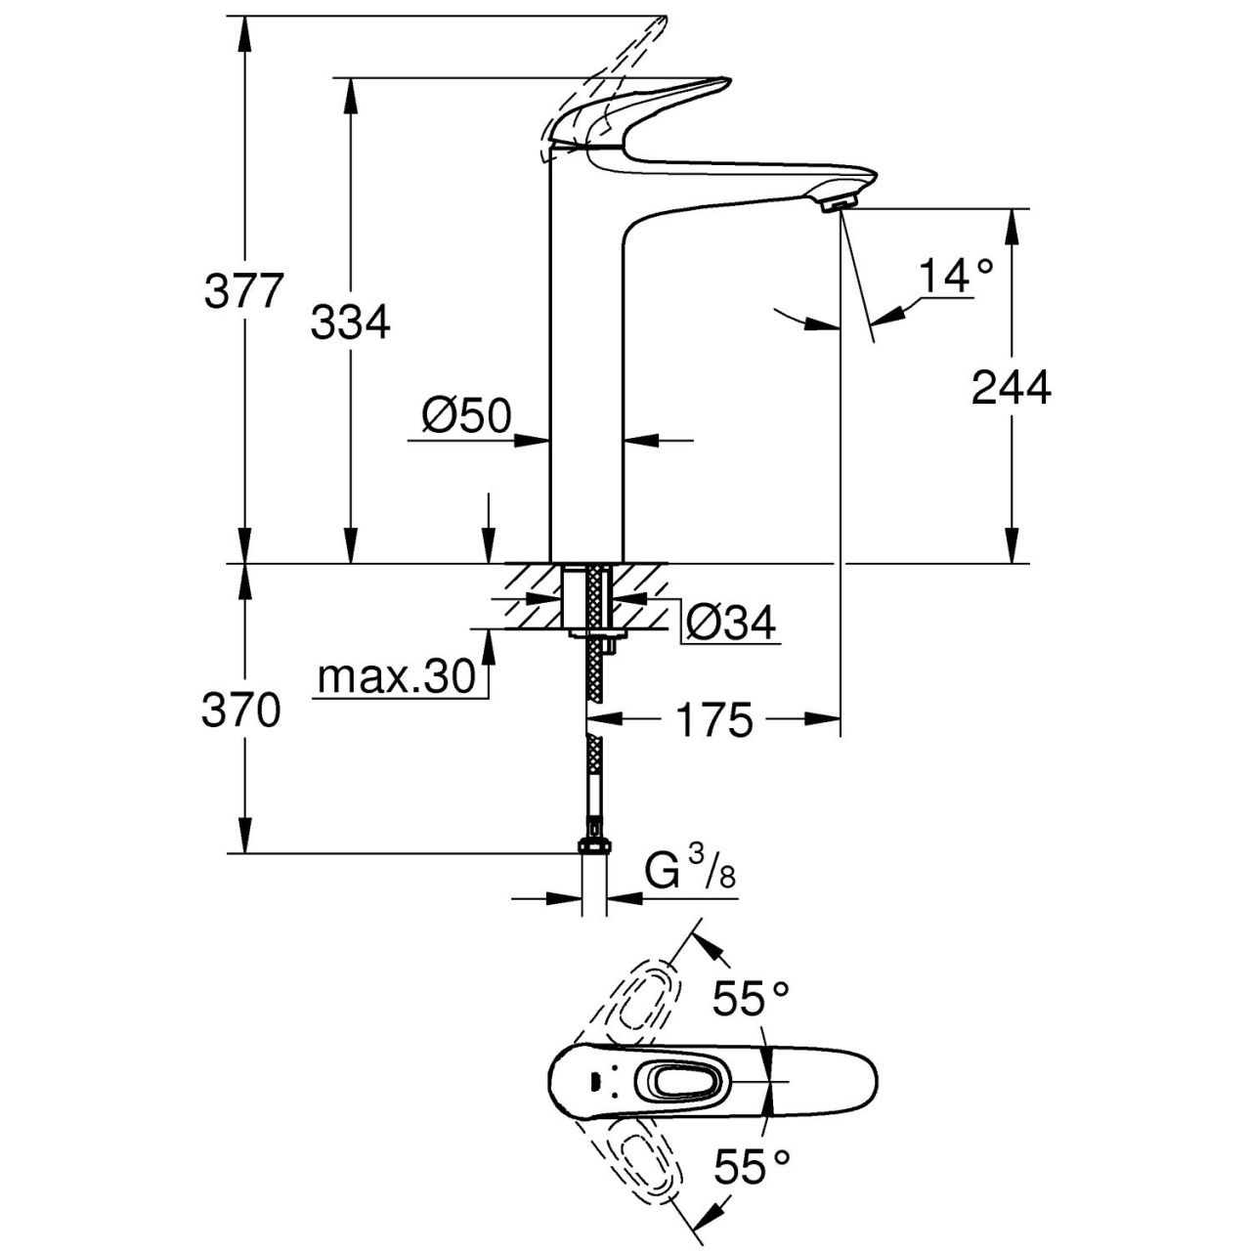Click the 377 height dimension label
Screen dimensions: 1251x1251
[243, 291]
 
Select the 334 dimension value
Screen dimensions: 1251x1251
[350, 322]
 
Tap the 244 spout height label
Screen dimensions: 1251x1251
[1012, 388]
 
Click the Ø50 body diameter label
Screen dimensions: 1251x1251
[466, 417]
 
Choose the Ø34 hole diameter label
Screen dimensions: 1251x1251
[730, 623]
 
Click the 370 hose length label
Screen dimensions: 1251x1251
[240, 712]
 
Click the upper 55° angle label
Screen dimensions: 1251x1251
[750, 998]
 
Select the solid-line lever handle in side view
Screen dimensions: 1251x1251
[645, 109]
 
